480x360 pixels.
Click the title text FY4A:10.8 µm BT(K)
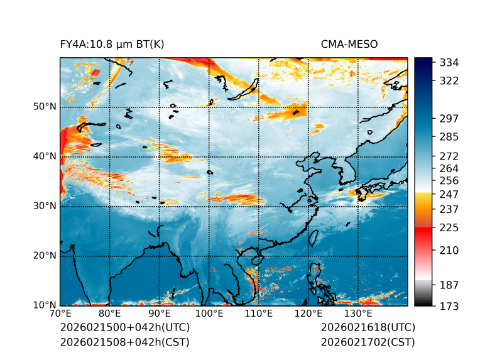112,44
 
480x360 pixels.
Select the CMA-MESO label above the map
349,44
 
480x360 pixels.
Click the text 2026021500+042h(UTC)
124,328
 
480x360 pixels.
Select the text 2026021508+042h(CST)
124,342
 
